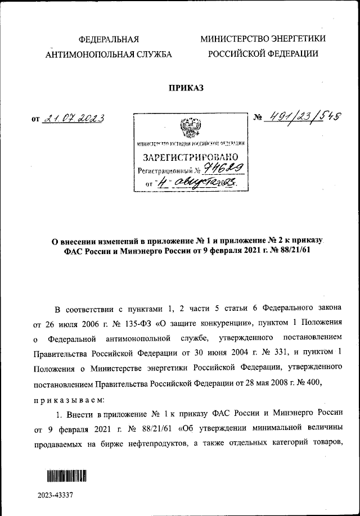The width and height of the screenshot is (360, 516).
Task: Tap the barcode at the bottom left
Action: [x=66, y=476]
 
